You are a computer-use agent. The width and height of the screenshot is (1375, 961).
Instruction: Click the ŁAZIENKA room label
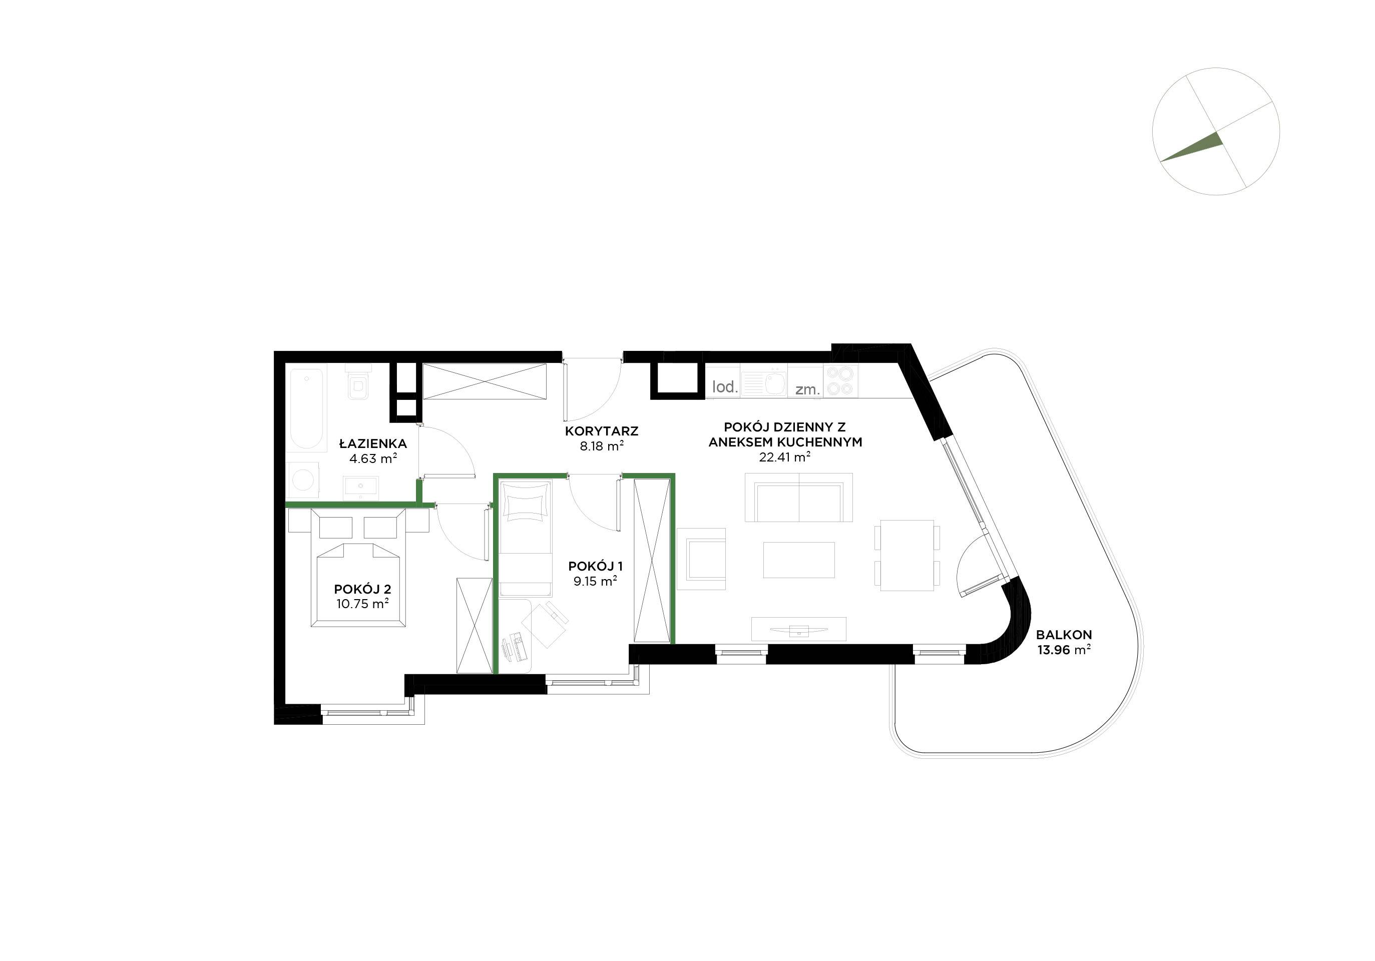[x=372, y=443]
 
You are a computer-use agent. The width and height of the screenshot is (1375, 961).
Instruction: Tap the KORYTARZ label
[x=601, y=431]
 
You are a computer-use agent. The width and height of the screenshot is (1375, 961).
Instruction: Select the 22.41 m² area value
[x=784, y=457]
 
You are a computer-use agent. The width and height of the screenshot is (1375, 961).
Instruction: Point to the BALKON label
[x=1064, y=635]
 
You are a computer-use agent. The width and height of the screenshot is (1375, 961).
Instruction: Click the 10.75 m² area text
[x=362, y=604]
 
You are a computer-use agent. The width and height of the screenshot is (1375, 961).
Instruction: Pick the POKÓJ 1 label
[x=595, y=566]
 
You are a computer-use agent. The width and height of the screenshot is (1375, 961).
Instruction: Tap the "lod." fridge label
[x=725, y=387]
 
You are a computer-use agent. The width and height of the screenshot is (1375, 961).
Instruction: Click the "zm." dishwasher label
[x=807, y=390]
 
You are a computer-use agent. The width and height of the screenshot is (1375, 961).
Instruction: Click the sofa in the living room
[x=798, y=497]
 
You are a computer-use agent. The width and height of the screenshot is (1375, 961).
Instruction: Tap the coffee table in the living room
[x=799, y=560]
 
